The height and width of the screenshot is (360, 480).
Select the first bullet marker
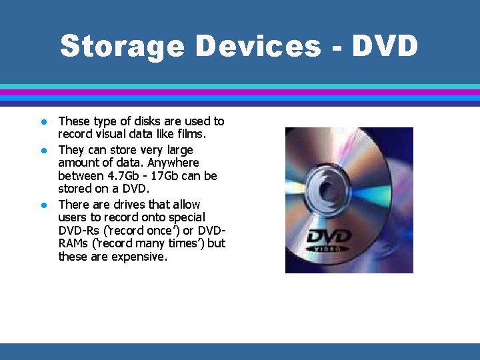pyautogui.click(x=42, y=122)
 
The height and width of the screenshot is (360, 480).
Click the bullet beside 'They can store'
pyautogui.click(x=42, y=150)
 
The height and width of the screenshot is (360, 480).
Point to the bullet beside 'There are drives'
pyautogui.click(x=42, y=205)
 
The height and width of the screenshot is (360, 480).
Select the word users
pyautogui.click(x=73, y=217)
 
